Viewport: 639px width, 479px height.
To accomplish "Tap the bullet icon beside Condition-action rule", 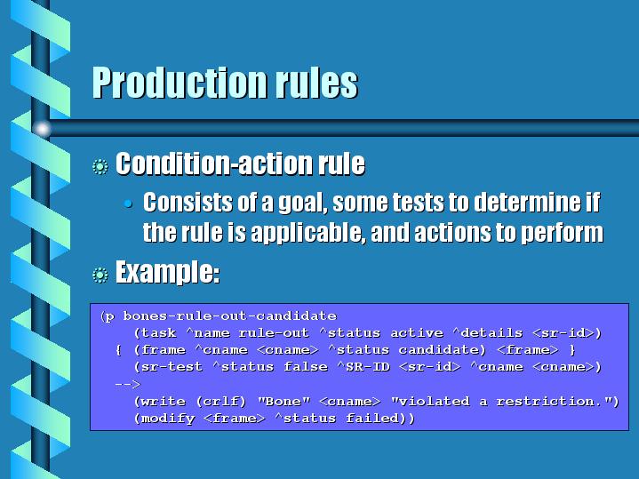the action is tap(100, 167).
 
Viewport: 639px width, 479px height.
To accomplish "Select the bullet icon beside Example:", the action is tap(100, 275).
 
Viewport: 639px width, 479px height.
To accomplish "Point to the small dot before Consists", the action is tap(128, 204).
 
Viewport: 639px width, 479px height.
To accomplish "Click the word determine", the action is tap(529, 202).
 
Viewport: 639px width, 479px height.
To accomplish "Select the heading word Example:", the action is tap(167, 272).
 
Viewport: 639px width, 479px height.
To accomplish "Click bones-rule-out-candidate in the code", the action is tap(230, 316).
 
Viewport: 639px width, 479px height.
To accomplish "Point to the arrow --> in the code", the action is tap(128, 384).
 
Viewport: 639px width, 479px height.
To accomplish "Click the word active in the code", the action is tap(417, 332).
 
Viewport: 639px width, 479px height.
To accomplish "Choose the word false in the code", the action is tap(306, 366).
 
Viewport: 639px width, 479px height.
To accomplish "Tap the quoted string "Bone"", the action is tap(284, 401).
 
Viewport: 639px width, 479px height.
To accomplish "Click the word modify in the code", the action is tap(168, 419).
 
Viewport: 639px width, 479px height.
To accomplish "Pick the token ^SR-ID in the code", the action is tap(363, 366).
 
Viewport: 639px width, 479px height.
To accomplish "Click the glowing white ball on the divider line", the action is tap(42, 129).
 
